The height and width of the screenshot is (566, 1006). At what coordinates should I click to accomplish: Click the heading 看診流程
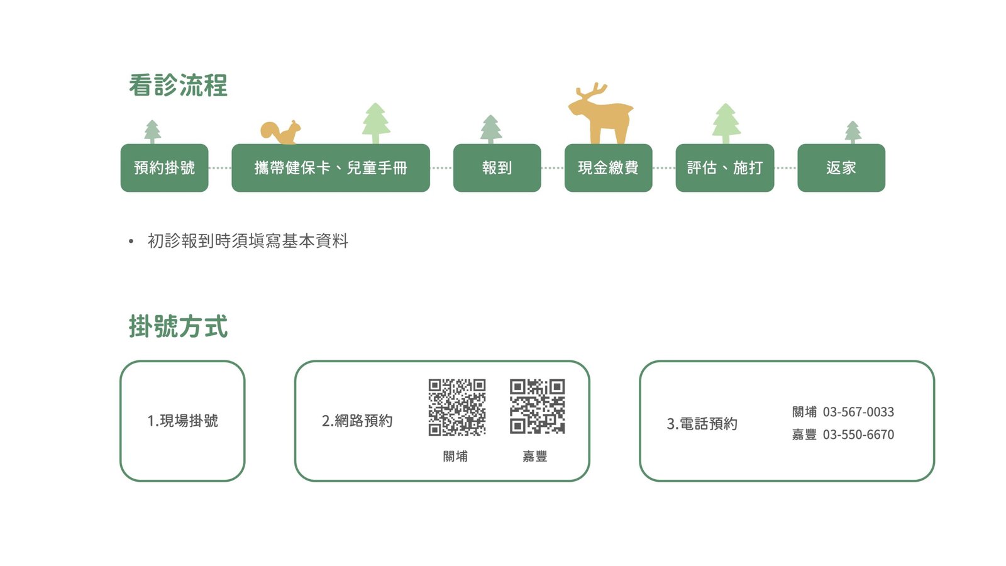click(x=178, y=86)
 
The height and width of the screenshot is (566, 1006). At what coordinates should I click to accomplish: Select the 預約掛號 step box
click(x=164, y=168)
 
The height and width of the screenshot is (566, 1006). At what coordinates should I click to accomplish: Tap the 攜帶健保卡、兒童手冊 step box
click(x=331, y=168)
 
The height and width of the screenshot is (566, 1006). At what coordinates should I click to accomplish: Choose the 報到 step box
click(x=497, y=168)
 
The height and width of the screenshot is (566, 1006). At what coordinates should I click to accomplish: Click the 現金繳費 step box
click(x=608, y=168)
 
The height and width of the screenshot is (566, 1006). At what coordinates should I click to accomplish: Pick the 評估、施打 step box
click(x=724, y=168)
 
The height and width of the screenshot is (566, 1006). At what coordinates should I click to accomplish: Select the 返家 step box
click(x=841, y=168)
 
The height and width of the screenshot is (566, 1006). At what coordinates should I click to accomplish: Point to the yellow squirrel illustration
click(x=281, y=132)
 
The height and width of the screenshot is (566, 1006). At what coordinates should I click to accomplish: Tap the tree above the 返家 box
click(x=853, y=132)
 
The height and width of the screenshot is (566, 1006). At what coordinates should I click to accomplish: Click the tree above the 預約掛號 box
click(x=152, y=131)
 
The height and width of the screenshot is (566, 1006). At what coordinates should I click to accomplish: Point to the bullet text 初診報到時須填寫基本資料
click(x=248, y=241)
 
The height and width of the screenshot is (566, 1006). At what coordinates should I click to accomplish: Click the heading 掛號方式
click(x=178, y=326)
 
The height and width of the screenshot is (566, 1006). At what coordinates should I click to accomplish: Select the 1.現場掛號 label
click(x=182, y=421)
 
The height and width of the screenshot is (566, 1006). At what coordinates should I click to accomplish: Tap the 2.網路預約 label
click(x=357, y=421)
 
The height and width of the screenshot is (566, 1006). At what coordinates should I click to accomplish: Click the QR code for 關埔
click(x=457, y=407)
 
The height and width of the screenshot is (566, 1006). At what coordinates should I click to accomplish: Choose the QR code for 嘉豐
click(x=537, y=407)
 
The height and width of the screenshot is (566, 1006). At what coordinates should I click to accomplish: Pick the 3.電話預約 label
click(x=702, y=424)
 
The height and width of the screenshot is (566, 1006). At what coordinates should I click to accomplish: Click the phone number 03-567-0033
click(x=858, y=412)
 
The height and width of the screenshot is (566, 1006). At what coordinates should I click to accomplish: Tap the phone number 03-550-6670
click(x=858, y=435)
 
